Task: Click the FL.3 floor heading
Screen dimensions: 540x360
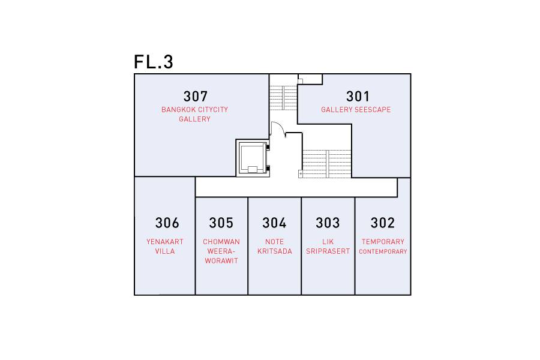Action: tap(153, 62)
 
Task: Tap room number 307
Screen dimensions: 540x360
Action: tap(195, 97)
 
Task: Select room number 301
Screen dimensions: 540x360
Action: tap(358, 97)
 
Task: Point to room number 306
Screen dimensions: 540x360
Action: tap(167, 223)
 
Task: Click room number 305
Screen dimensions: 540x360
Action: tap(221, 223)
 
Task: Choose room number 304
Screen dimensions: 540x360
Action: tap(274, 223)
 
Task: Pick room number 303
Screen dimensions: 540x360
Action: tap(328, 223)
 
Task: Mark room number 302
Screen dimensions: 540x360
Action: tap(383, 223)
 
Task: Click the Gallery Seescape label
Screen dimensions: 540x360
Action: tap(356, 110)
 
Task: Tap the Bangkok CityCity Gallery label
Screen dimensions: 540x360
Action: tap(194, 115)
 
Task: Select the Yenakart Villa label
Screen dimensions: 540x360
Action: tap(164, 247)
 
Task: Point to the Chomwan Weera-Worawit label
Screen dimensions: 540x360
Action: tap(221, 251)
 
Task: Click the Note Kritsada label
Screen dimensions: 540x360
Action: tap(274, 247)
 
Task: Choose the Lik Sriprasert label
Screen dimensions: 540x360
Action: tap(328, 247)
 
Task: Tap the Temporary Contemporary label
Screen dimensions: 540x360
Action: tap(383, 247)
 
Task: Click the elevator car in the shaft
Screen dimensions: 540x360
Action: tap(253, 158)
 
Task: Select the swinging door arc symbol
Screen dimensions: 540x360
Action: tap(278, 128)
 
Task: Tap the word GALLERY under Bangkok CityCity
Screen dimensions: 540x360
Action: tap(194, 119)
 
